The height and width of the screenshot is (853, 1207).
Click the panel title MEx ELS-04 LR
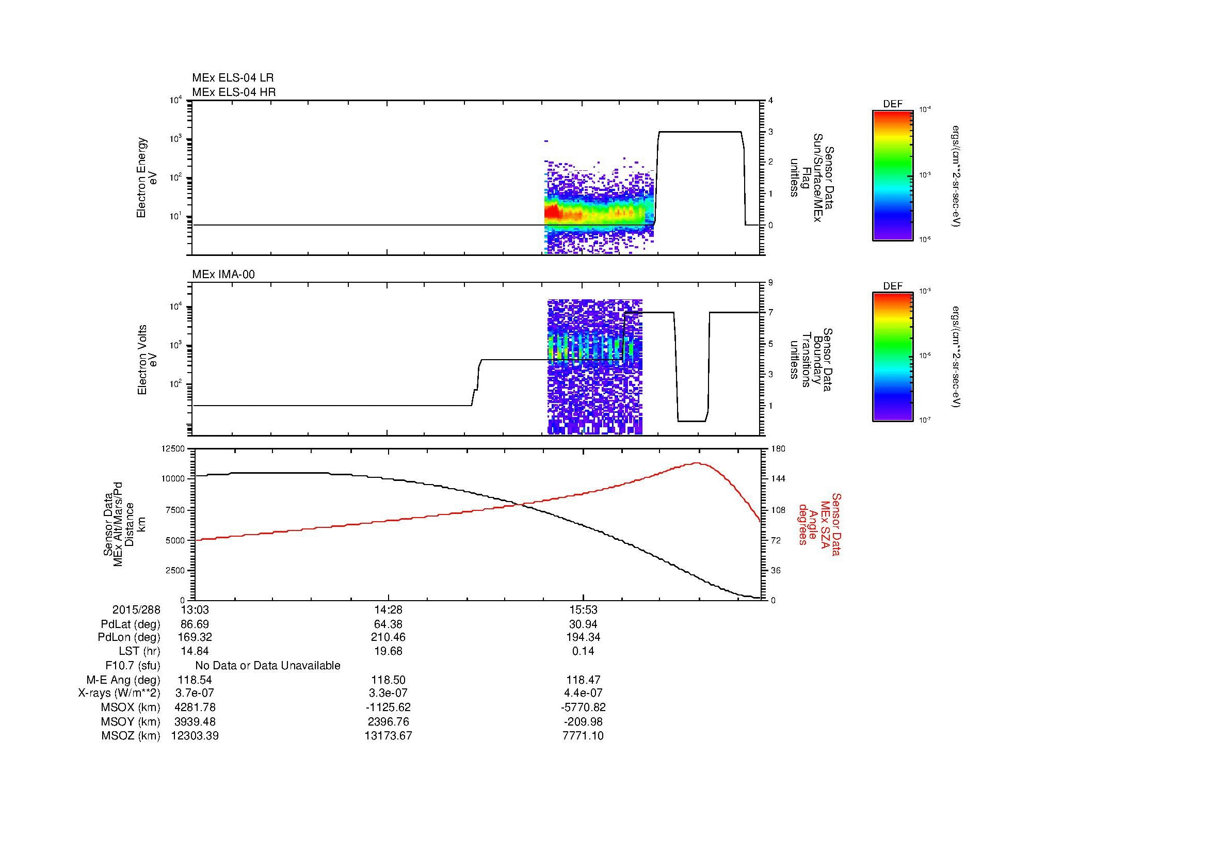pyautogui.click(x=232, y=78)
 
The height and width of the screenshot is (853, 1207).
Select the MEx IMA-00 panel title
pyautogui.click(x=223, y=275)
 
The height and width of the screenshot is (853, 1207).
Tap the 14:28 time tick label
pyautogui.click(x=388, y=610)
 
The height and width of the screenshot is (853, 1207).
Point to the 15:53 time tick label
pyautogui.click(x=583, y=610)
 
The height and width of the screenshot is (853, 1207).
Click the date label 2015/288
pyautogui.click(x=136, y=610)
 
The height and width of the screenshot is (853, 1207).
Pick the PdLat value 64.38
pyautogui.click(x=388, y=624)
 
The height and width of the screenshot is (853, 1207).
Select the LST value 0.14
pyautogui.click(x=583, y=651)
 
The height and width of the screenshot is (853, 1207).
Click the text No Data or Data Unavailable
pyautogui.click(x=268, y=666)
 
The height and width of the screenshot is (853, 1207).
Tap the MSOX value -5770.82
pyautogui.click(x=583, y=707)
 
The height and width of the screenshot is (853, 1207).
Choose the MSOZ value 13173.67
pyautogui.click(x=388, y=736)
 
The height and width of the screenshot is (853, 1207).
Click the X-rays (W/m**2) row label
pyautogui.click(x=119, y=693)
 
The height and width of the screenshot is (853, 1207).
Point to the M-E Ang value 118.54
pyautogui.click(x=195, y=680)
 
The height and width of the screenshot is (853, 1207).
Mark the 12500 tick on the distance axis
pyautogui.click(x=174, y=449)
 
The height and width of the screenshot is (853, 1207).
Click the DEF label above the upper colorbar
pyautogui.click(x=892, y=104)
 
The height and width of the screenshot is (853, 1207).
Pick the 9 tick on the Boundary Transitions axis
pyautogui.click(x=770, y=283)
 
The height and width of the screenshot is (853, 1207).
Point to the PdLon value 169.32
pyautogui.click(x=195, y=637)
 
